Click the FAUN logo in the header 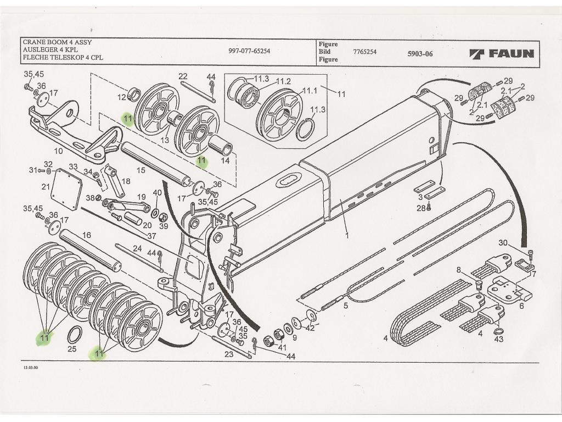click(502, 53)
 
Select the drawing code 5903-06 click(420, 54)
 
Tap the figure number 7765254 click(365, 51)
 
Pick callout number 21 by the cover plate click(46, 187)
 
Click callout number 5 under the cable click(345, 306)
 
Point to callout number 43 click(498, 340)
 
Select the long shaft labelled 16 click(91, 250)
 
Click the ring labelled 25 click(75, 334)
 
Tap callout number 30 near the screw click(503, 243)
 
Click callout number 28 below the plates click(420, 208)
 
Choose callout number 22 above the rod click(183, 76)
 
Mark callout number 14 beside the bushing click(225, 161)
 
